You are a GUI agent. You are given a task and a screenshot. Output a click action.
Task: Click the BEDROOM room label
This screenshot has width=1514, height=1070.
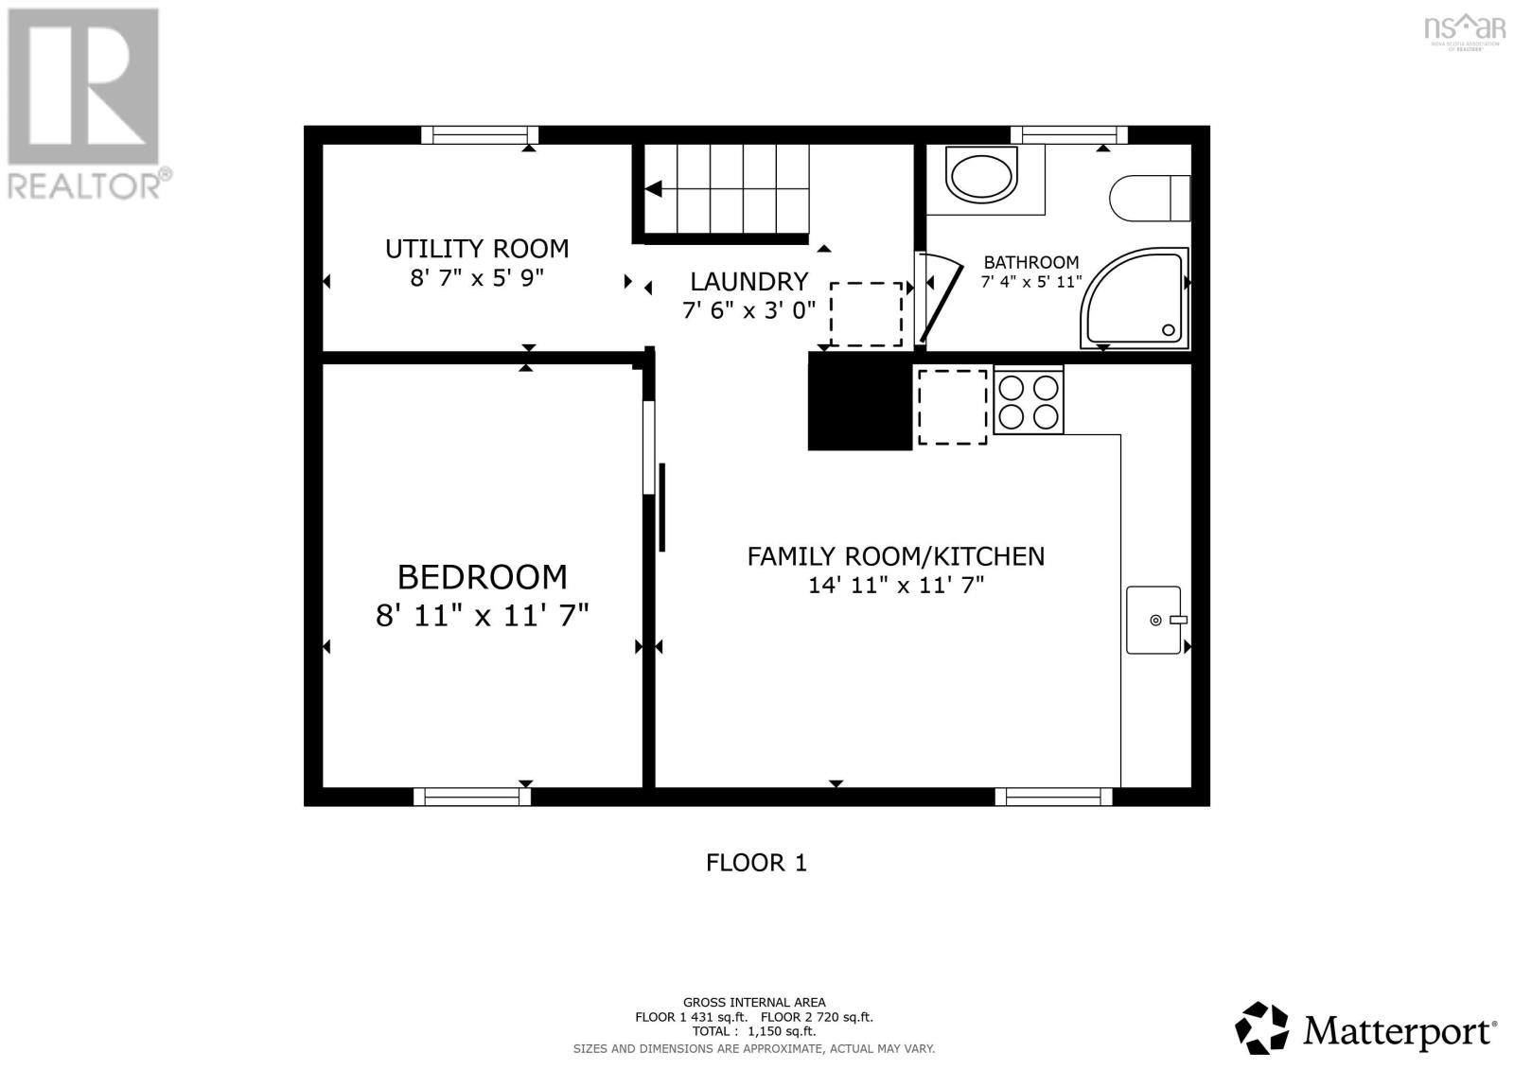pyautogui.click(x=482, y=576)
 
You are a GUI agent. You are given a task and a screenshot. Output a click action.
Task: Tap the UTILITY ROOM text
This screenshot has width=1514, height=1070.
pyautogui.click(x=476, y=249)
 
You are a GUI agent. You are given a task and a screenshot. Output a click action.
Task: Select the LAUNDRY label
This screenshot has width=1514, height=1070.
pyautogui.click(x=748, y=281)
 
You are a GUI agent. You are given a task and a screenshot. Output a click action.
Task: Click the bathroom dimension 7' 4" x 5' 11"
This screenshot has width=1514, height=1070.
pyautogui.click(x=1030, y=282)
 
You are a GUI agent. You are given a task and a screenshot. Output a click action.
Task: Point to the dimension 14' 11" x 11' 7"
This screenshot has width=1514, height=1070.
pyautogui.click(x=895, y=586)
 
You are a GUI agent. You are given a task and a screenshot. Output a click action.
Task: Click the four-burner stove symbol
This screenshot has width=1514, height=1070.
pyautogui.click(x=1029, y=402)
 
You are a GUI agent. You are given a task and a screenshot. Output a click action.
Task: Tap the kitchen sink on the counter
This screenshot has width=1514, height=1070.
pyautogui.click(x=1153, y=620)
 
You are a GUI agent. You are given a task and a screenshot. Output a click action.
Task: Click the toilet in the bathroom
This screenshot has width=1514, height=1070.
pyautogui.click(x=1148, y=198)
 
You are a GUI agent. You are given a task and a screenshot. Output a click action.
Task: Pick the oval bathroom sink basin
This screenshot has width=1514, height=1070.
pyautogui.click(x=981, y=176)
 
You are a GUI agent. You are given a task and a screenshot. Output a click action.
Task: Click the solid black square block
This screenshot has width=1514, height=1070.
pyautogui.click(x=859, y=401)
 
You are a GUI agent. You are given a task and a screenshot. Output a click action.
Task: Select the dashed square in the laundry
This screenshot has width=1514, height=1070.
pyautogui.click(x=866, y=314)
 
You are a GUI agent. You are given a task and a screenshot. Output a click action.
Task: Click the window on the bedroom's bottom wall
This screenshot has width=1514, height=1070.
pyautogui.click(x=472, y=797)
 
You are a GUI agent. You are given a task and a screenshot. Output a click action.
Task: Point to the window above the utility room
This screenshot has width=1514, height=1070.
pyautogui.click(x=480, y=134)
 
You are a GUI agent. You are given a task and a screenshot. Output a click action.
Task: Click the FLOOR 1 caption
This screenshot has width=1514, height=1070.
pyautogui.click(x=756, y=863)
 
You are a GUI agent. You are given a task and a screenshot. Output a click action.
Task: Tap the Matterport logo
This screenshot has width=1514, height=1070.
pyautogui.click(x=1365, y=1026)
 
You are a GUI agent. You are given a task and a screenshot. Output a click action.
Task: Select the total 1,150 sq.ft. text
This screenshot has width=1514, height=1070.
pyautogui.click(x=753, y=1032)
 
